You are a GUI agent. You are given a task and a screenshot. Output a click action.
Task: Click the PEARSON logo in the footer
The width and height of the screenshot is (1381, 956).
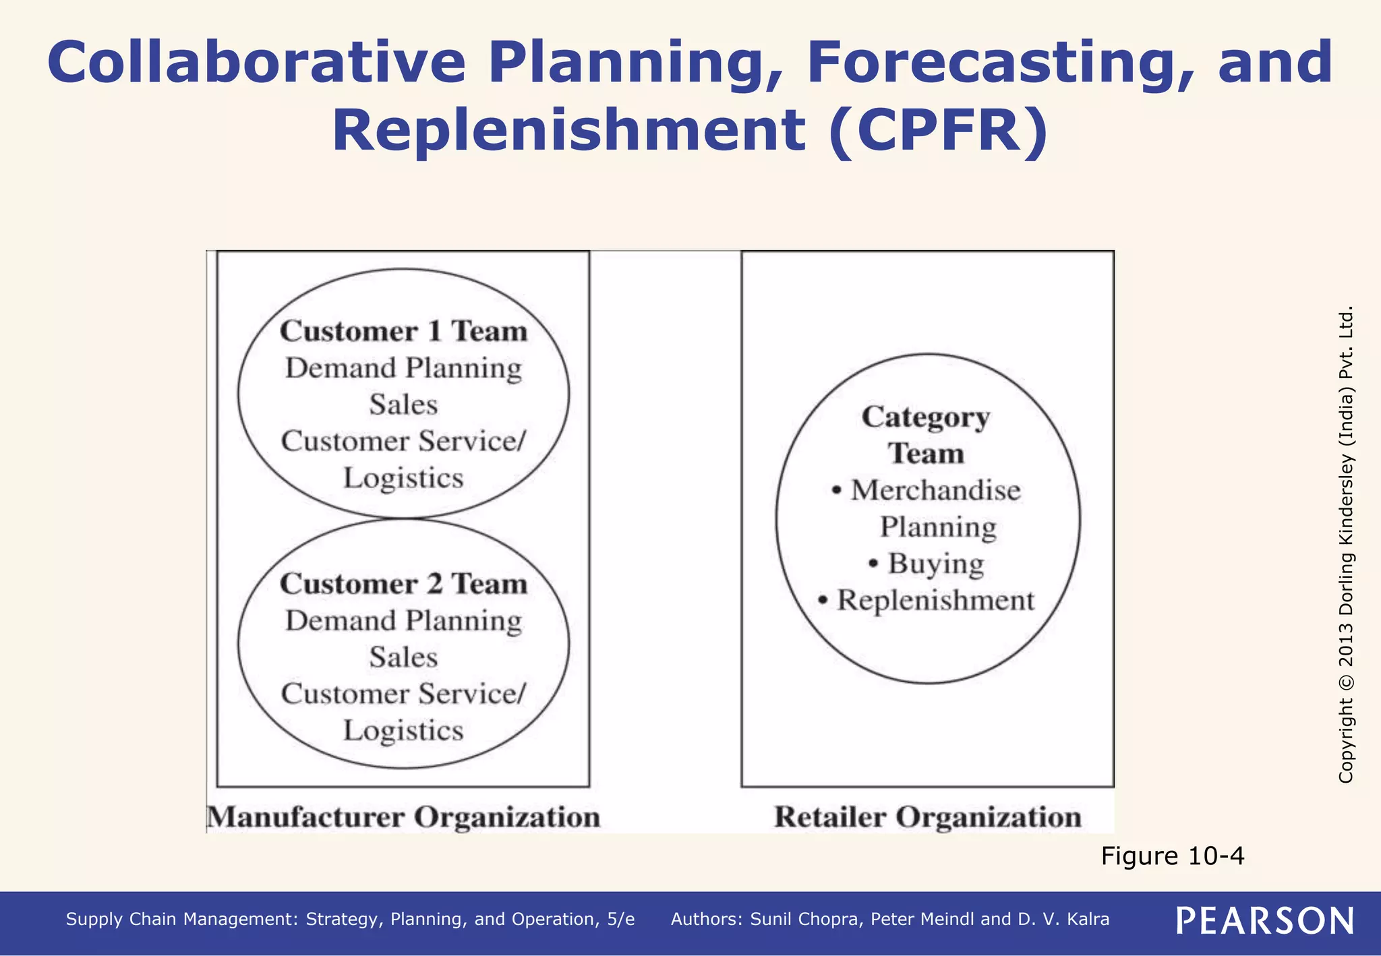(1265, 921)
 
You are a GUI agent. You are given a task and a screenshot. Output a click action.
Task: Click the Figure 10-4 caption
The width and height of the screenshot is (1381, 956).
(1172, 856)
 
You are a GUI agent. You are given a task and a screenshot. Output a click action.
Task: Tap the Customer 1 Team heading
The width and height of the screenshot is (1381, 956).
(403, 331)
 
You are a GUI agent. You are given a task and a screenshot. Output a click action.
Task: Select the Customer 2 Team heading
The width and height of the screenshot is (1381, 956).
(403, 584)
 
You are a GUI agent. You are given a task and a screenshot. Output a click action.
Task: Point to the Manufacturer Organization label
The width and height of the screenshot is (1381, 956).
(404, 817)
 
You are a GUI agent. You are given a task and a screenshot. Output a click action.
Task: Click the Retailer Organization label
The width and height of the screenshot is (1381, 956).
(928, 817)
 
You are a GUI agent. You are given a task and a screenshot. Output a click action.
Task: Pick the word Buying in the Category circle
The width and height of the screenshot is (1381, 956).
(935, 564)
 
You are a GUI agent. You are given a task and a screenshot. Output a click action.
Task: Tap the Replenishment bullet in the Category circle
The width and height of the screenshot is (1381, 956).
(935, 600)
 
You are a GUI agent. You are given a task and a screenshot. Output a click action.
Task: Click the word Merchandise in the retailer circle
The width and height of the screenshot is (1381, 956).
(935, 490)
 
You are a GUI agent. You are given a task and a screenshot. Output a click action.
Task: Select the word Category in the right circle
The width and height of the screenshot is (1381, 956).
(926, 417)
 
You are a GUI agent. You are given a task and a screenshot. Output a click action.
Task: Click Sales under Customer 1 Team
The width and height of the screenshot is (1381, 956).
(403, 405)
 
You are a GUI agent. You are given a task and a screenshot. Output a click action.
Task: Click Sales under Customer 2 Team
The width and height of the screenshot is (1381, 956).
(403, 657)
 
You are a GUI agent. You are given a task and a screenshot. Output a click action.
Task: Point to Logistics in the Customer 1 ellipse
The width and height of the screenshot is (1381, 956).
(403, 478)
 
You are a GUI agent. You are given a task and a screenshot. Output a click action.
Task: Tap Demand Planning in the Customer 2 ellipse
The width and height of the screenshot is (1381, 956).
(403, 620)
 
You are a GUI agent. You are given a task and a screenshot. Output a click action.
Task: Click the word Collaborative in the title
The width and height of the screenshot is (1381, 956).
(256, 62)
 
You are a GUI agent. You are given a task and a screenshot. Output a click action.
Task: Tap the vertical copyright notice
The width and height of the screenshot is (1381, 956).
(1346, 545)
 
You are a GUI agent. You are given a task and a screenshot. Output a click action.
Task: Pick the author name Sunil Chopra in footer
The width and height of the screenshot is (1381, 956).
(806, 920)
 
